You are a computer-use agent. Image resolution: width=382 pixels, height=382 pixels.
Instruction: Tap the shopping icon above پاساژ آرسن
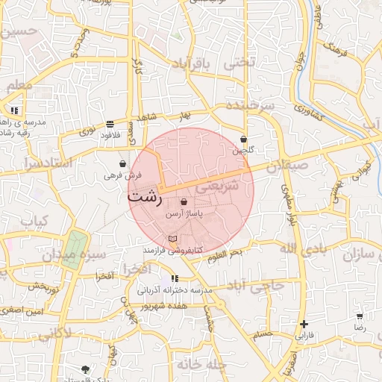(x=184, y=202)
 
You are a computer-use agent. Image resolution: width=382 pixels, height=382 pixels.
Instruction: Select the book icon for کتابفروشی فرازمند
(x=173, y=239)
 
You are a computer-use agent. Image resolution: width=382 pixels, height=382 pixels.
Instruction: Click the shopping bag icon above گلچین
(x=244, y=139)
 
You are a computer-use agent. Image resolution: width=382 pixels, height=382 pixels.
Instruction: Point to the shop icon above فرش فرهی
(x=122, y=163)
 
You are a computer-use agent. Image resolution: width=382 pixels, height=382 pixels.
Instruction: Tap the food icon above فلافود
(x=110, y=124)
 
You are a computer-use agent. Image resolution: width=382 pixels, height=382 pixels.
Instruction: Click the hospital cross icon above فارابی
(x=304, y=324)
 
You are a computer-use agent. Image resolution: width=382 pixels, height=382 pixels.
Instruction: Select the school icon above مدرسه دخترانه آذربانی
(x=175, y=279)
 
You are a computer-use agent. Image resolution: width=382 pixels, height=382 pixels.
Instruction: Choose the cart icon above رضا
(x=360, y=316)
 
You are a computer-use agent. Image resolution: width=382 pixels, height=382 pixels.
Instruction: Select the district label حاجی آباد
(x=257, y=286)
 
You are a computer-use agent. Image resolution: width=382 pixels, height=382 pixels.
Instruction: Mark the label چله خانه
(x=201, y=365)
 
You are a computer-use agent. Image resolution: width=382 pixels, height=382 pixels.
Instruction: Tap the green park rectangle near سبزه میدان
(x=74, y=247)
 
